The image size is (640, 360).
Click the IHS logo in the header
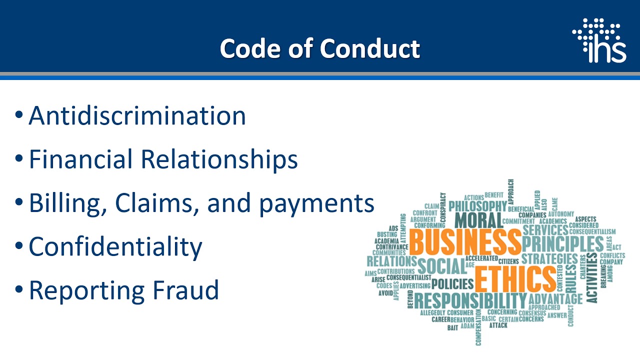coord(599,40)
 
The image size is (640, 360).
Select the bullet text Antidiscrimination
coord(137,115)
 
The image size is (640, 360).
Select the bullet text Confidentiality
coord(115,246)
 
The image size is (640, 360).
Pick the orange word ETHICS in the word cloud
coord(514,279)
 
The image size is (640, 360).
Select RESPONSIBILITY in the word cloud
coord(470,301)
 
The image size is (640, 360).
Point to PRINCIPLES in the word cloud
coord(562,244)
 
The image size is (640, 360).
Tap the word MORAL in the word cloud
coord(478,220)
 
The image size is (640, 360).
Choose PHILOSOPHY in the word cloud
coord(477,206)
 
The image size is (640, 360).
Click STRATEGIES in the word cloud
coord(549,259)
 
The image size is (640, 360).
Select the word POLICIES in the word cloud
coord(452,284)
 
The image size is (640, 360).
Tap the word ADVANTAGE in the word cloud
coord(555,299)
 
